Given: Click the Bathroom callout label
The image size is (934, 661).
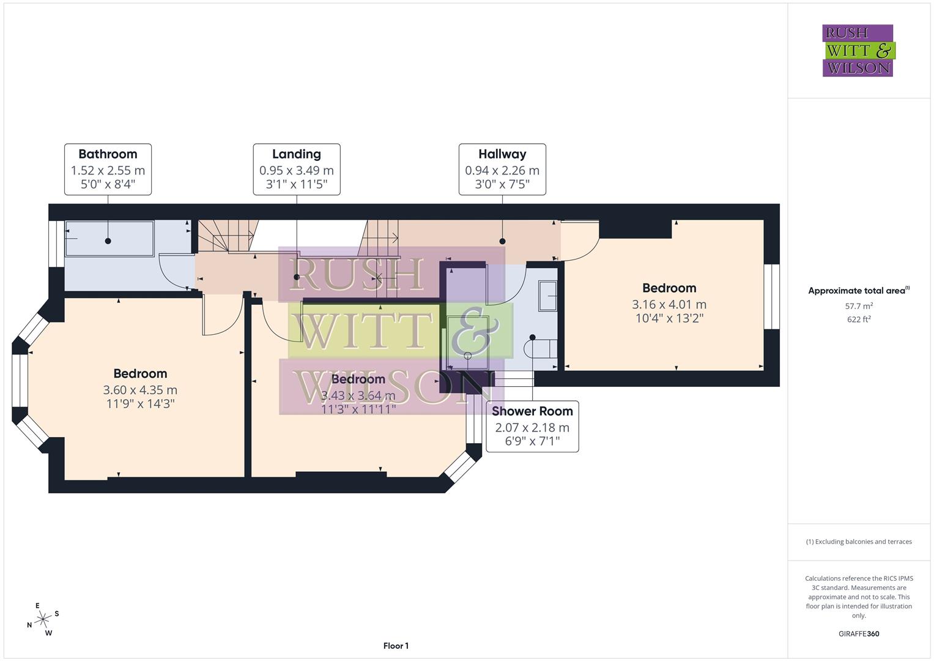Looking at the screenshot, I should pos(108,154).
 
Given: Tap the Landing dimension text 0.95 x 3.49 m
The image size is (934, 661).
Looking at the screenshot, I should pos(297,171).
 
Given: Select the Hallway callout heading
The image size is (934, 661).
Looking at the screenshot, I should pos(502,154).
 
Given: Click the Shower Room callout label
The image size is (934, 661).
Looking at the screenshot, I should pos(532,411).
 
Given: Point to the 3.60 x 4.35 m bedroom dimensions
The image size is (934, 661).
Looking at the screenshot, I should pos(140,390).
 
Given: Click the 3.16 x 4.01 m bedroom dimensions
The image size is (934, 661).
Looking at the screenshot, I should pos(669,304).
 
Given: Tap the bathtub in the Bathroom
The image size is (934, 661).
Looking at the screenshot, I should pos(109,239).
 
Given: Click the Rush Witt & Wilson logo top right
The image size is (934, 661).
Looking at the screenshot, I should pos(858,51).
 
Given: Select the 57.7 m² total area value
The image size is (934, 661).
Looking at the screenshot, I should pos(859,306).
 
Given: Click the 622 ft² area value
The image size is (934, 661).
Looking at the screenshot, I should pos(859,319).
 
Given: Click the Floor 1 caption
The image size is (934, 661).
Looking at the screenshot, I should pos(396,646).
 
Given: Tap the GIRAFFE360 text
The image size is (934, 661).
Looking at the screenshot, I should pos(859,633).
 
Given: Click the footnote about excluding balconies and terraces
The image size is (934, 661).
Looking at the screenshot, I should pos(859,542).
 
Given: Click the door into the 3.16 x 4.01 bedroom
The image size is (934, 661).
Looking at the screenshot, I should pos(580,241).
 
